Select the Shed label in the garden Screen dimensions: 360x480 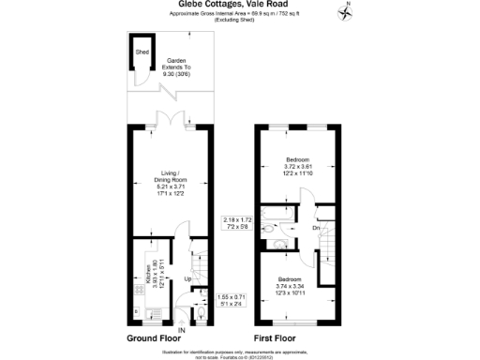point(142,52)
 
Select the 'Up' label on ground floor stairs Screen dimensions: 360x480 point(187,279)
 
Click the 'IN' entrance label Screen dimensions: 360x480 point(182,330)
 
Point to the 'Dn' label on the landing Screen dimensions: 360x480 point(317,228)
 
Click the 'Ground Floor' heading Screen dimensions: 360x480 point(152,337)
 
